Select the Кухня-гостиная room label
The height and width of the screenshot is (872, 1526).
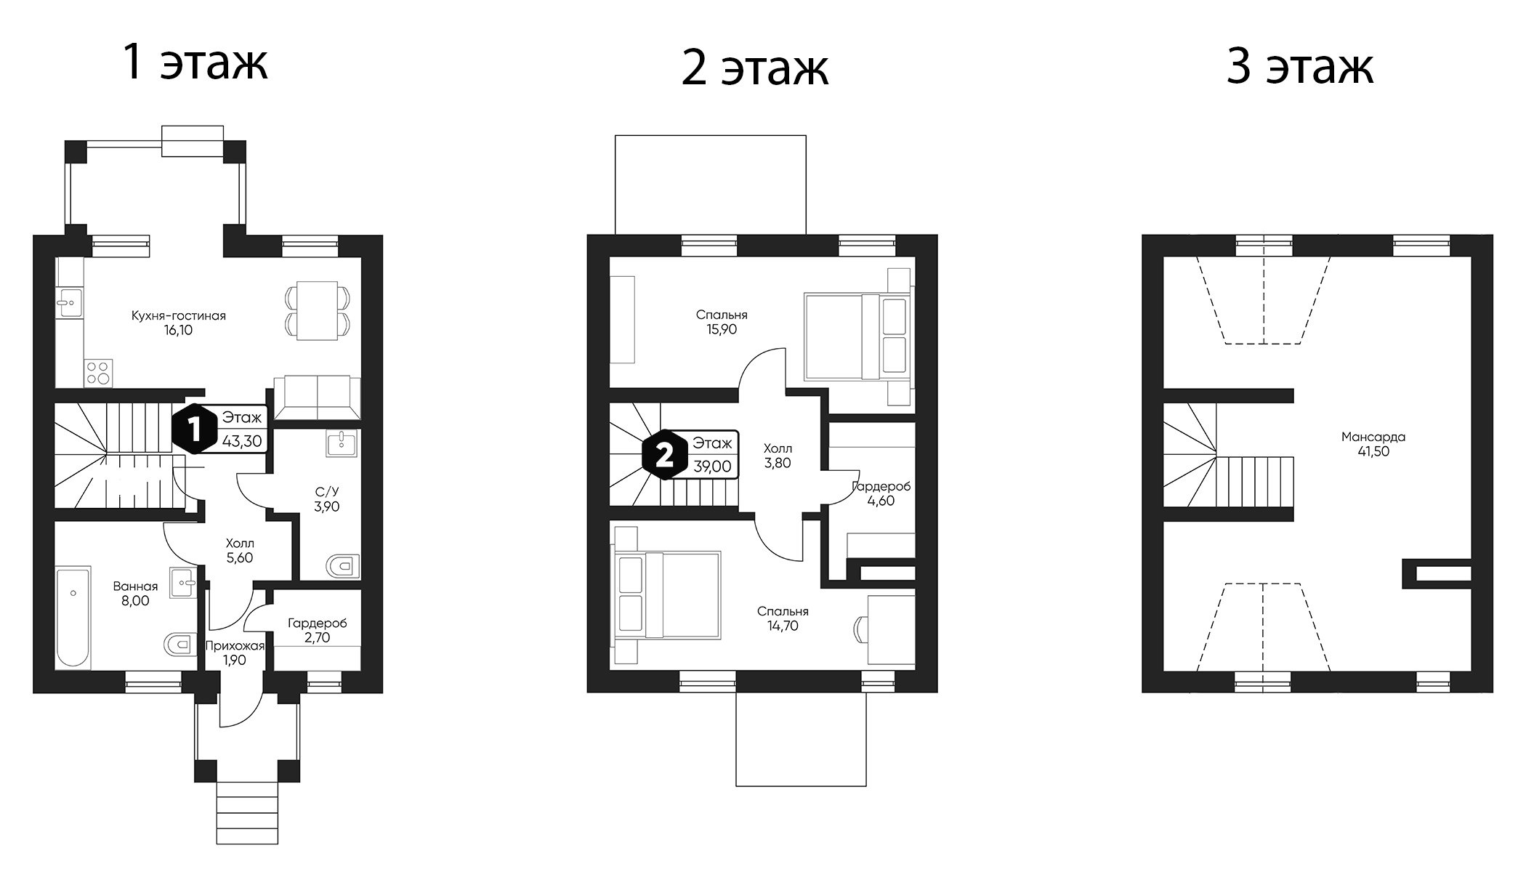178,316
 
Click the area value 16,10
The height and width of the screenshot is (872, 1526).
178,331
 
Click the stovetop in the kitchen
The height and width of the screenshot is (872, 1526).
99,373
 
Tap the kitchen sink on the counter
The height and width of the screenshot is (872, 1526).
70,302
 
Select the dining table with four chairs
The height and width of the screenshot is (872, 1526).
318,310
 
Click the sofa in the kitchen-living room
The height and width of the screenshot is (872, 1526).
318,397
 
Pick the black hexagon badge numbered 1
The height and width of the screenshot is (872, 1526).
195,430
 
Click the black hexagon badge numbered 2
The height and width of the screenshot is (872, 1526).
664,456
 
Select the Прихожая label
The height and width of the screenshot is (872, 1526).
235,645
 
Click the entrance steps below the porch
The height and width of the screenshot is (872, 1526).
247,812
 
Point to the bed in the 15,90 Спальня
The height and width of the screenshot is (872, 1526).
857,336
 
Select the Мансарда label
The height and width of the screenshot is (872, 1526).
1373,437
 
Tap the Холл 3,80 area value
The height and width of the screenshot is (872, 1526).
778,464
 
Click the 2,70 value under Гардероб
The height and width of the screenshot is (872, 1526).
318,638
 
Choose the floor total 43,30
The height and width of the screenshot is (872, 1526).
242,441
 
